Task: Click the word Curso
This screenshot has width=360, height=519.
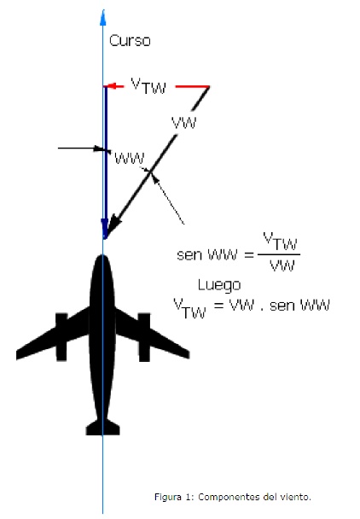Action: pos(130,41)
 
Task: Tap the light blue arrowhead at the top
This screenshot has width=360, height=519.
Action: pos(103,18)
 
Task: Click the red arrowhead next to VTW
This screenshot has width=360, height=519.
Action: pos(111,86)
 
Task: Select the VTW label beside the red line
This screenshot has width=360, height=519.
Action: pos(148,86)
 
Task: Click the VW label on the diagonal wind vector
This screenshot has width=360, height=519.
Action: pos(184,123)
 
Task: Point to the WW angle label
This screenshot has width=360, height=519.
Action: pos(130,159)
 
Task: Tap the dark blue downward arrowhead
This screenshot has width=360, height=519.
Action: pos(105,228)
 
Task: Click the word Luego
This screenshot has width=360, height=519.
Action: pos(219,285)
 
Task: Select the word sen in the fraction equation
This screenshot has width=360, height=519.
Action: pos(189,255)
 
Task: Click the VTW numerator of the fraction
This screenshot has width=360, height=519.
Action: pos(280,242)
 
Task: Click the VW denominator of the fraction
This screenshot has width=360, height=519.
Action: pos(282,265)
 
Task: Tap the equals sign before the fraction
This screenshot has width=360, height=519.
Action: pos(249,254)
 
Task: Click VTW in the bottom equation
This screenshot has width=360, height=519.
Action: pos(190,308)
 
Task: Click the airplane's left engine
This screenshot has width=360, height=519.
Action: pos(61,336)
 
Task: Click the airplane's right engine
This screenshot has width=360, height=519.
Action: pos(144,337)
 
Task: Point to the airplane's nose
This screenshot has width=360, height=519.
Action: pos(102,259)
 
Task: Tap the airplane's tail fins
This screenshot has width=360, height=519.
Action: pos(102,427)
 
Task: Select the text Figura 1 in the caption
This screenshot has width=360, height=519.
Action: pos(174,497)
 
